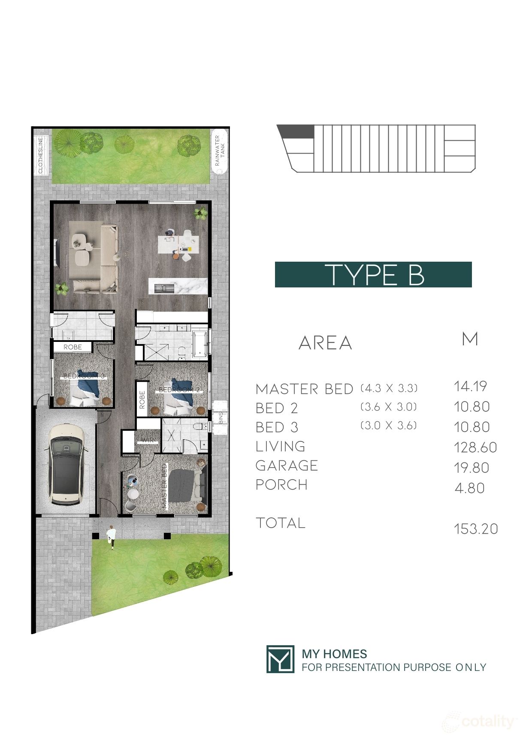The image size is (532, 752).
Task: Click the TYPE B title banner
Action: point(373,275)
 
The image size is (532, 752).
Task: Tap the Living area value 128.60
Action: point(475,447)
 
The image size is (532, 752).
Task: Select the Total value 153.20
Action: point(476,529)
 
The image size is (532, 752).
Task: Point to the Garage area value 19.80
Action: point(472,468)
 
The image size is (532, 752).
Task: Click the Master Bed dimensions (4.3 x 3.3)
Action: point(389,388)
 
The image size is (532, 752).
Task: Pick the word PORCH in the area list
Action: point(281,485)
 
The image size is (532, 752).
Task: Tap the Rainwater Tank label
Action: point(220,151)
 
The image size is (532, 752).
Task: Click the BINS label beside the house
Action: point(221,418)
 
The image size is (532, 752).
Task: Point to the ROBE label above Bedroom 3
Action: point(73,347)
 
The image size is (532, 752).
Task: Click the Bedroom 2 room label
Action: point(179,390)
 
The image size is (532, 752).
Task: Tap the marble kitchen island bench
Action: point(178,286)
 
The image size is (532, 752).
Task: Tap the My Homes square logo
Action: point(280,659)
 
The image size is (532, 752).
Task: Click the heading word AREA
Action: point(325,343)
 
